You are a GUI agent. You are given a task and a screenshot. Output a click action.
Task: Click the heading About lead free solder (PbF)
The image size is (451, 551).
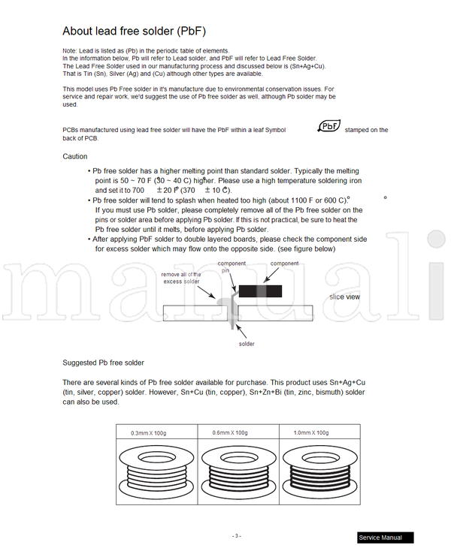click(134, 31)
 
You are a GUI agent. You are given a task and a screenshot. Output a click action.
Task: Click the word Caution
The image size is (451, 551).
click(74, 157)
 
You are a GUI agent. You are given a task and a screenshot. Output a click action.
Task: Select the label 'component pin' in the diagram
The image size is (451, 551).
click(232, 266)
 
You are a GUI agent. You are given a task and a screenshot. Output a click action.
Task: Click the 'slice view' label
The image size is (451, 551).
click(344, 297)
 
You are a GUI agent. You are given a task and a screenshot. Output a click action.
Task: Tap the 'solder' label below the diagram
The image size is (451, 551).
click(247, 344)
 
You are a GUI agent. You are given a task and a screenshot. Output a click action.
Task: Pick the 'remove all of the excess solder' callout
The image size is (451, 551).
click(181, 278)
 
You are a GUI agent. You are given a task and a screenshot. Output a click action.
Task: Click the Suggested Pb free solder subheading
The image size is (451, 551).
click(103, 363)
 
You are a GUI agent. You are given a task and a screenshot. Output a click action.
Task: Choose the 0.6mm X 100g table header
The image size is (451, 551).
click(229, 432)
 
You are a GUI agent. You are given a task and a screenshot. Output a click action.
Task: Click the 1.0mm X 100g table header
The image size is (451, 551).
click(310, 432)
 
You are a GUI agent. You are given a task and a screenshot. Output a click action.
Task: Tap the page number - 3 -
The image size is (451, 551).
click(236, 536)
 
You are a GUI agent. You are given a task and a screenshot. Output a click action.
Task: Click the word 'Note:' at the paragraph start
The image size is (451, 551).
click(70, 50)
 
